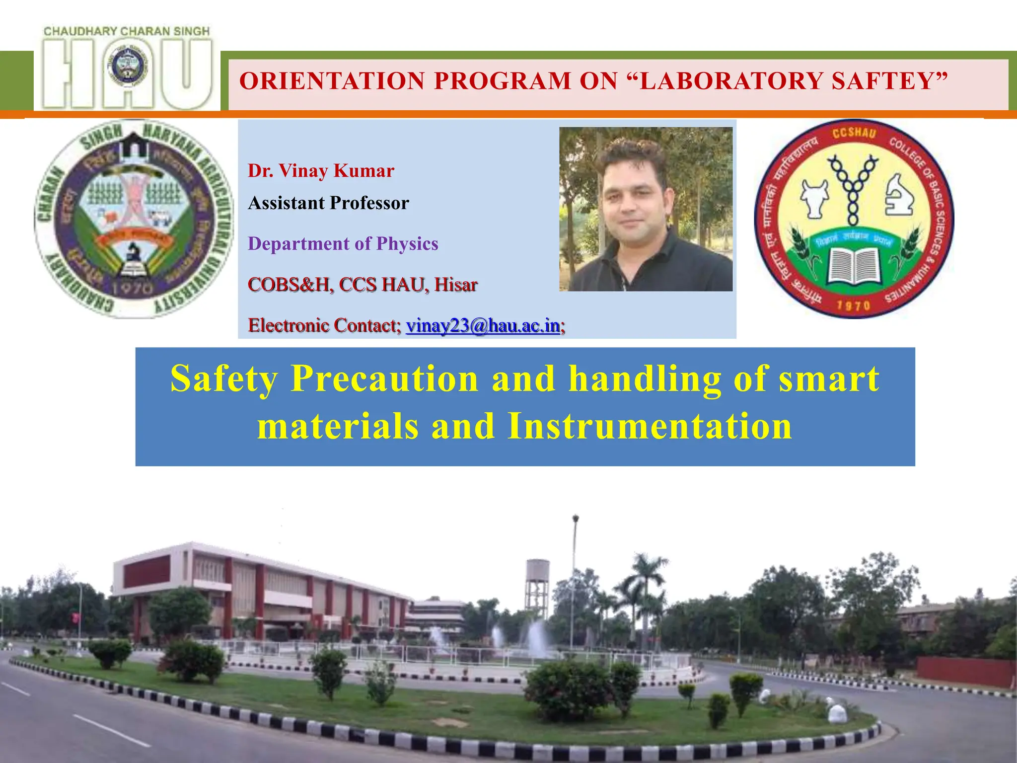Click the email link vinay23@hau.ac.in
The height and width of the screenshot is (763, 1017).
(483, 326)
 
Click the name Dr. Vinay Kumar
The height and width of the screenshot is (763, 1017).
(321, 171)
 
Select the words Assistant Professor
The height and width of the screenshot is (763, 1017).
(328, 203)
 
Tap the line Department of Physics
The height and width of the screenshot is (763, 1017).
(343, 244)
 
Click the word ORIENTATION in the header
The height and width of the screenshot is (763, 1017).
(332, 81)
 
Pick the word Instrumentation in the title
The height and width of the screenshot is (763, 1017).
(650, 426)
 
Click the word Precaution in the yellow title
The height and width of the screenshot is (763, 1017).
(385, 379)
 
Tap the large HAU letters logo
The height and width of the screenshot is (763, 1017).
(127, 75)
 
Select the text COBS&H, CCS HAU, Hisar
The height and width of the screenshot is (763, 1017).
(363, 285)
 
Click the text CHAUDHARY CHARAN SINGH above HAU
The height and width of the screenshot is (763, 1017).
(127, 31)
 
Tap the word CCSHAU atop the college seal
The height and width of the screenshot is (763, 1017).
(854, 133)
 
